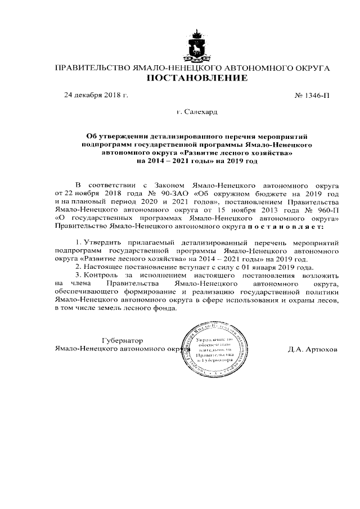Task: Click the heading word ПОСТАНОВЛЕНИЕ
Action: click(197, 78)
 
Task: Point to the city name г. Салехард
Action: click(197, 112)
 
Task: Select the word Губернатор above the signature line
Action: click(123, 341)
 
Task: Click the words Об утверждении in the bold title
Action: click(112, 136)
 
